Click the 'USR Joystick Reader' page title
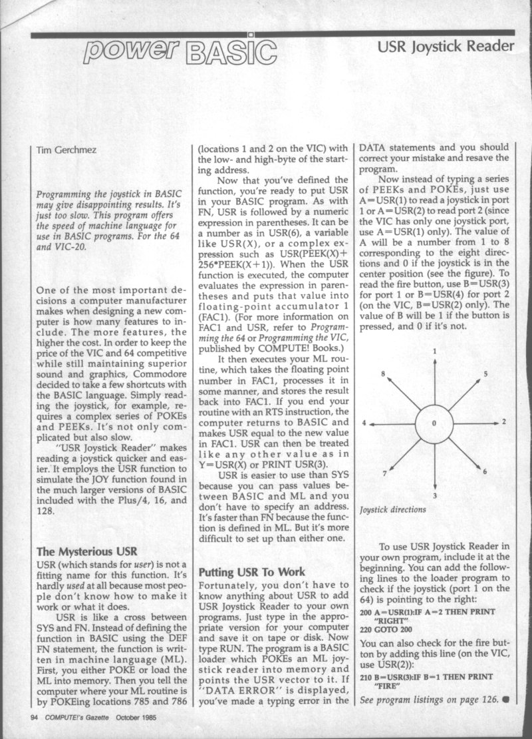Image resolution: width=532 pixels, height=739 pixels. (446, 46)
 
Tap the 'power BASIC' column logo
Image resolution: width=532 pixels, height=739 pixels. (182, 49)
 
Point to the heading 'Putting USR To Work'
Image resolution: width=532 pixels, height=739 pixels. (252, 572)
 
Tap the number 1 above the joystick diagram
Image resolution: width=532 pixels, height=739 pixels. (434, 350)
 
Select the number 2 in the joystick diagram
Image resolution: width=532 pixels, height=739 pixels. (505, 422)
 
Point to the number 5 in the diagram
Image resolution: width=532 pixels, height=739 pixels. (485, 374)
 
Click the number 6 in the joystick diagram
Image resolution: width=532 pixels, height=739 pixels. (485, 471)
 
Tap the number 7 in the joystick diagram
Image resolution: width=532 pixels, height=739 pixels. (384, 473)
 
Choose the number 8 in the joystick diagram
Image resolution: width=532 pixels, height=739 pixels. (383, 374)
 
